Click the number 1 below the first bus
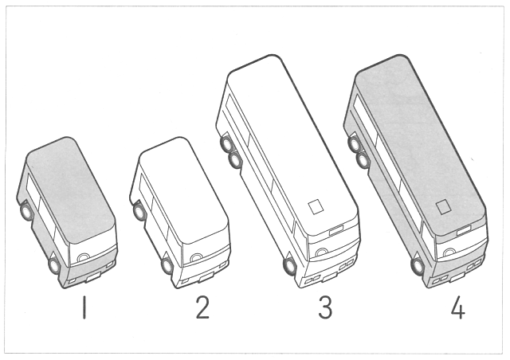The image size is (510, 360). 84,307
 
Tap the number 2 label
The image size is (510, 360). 202,307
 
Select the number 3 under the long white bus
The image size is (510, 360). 325,307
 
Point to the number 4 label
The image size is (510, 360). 458,307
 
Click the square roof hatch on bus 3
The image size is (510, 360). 316,207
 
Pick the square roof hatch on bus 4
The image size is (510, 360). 443,207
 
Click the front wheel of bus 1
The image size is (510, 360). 55,265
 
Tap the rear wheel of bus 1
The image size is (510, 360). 26,211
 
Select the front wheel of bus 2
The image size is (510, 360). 167,265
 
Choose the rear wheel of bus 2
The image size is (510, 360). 139,211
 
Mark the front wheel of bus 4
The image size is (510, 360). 418,265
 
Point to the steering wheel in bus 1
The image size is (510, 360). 84,257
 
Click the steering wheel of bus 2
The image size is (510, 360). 197,257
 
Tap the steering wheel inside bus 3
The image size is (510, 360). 322,252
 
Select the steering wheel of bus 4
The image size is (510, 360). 449,252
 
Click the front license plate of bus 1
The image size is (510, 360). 94,276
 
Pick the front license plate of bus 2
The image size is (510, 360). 207,277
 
